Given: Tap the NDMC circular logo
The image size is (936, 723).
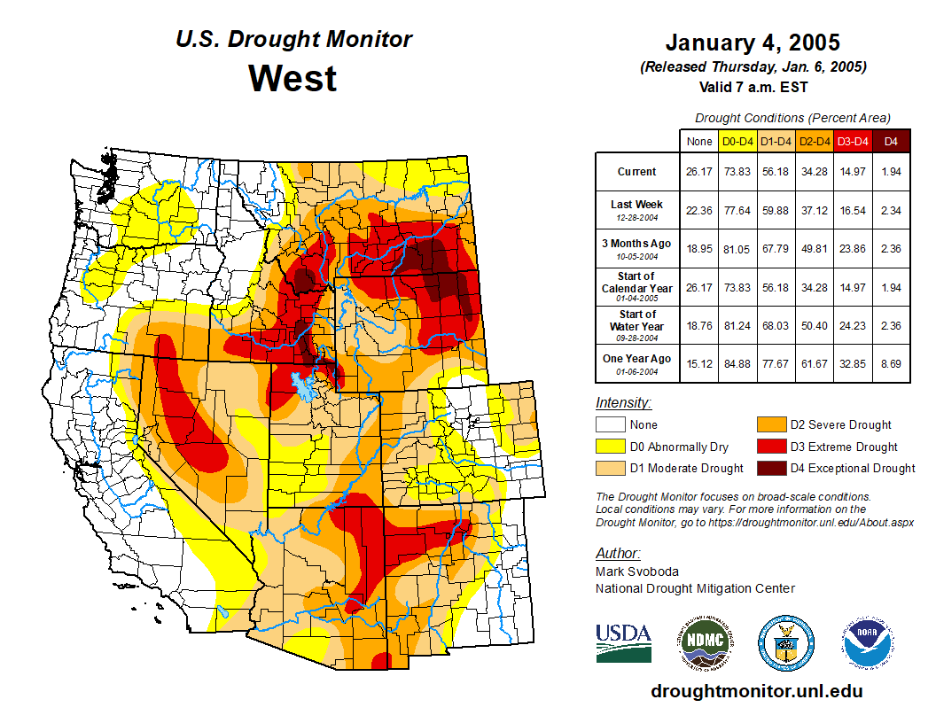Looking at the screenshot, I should [705, 643].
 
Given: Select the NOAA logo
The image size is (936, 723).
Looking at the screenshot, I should [868, 643].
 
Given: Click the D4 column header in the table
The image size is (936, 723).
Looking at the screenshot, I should [891, 141].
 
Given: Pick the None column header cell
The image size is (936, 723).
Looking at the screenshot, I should [698, 141].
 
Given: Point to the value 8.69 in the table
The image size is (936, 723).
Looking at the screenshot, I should [891, 364].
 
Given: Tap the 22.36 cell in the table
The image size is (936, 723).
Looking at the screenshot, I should [698, 210].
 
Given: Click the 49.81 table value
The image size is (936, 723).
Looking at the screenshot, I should [814, 249].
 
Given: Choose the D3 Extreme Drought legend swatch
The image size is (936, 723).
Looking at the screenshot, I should [771, 447].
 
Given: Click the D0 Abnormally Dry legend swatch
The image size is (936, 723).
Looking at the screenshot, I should [610, 447].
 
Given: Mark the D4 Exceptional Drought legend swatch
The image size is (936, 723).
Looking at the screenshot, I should [771, 468].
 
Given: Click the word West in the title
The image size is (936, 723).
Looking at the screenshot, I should [292, 78].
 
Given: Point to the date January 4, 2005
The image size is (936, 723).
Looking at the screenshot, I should [753, 43].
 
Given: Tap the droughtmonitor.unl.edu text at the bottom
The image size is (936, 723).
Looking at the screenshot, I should [756, 691].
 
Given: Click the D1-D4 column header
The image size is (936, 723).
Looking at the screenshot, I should [776, 141].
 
